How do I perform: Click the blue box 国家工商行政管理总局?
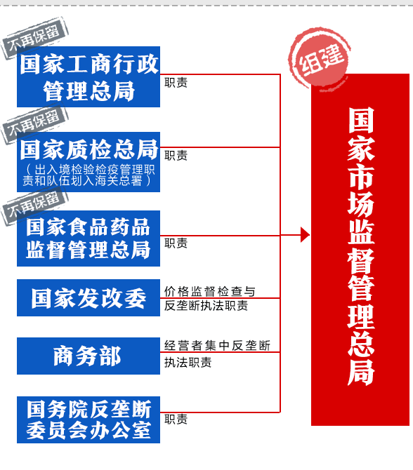tap(88, 76)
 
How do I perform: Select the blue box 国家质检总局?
tap(88, 162)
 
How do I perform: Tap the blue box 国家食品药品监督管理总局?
tap(88, 239)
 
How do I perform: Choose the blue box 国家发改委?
tap(88, 297)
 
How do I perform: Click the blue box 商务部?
tap(88, 356)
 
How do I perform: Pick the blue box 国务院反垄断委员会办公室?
tap(88, 419)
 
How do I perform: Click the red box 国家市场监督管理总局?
tap(360, 250)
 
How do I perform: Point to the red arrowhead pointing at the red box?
tap(305, 235)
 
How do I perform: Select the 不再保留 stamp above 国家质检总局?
tap(34, 123)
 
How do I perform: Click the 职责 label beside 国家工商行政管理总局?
tap(176, 83)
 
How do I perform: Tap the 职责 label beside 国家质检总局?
tap(176, 156)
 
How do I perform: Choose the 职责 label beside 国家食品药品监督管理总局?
tap(176, 243)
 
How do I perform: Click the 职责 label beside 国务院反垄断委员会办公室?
tap(176, 419)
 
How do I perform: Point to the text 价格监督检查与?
tap(209, 291)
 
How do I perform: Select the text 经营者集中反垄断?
tap(217, 346)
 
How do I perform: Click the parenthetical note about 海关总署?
tap(88, 175)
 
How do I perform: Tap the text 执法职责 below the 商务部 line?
tap(188, 363)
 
